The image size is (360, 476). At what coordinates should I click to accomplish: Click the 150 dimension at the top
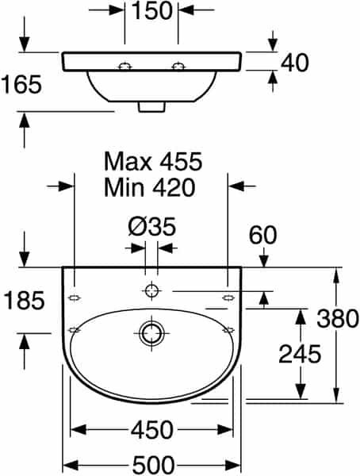pyautogui.click(x=152, y=10)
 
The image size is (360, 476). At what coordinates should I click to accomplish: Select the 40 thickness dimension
pyautogui.click(x=294, y=63)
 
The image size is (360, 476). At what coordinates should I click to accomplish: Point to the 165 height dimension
pyautogui.click(x=21, y=84)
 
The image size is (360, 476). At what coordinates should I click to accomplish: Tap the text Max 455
pyautogui.click(x=153, y=161)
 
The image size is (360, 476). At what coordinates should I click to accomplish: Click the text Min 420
pyautogui.click(x=149, y=187)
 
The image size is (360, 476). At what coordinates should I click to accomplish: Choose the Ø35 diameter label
pyautogui.click(x=151, y=226)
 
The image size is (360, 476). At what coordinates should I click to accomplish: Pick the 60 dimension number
pyautogui.click(x=263, y=235)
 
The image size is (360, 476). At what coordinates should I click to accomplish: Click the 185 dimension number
pyautogui.click(x=25, y=300)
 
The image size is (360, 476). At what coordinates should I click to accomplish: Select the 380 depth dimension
pyautogui.click(x=338, y=318)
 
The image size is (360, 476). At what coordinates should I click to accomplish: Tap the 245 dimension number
pyautogui.click(x=300, y=354)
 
